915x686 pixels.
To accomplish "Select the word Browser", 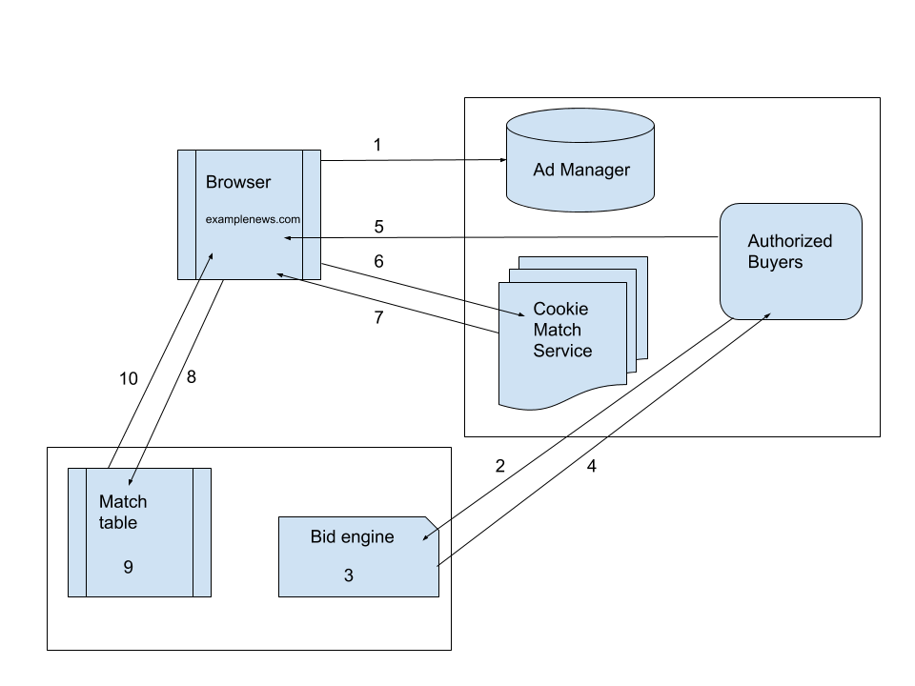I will [x=238, y=182].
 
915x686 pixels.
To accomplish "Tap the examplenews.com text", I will [x=253, y=219].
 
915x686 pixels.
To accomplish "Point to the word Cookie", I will [x=560, y=309].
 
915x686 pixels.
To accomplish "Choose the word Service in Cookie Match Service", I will [x=562, y=351].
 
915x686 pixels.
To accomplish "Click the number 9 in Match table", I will [x=128, y=567].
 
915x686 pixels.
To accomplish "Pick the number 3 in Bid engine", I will [x=348, y=575].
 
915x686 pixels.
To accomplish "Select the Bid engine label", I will [x=352, y=536].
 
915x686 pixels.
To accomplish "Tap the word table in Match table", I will [x=118, y=522].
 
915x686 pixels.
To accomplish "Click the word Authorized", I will [x=789, y=241].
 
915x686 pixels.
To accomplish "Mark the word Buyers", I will [x=775, y=262].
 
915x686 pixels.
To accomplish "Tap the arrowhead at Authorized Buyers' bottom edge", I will [x=765, y=314].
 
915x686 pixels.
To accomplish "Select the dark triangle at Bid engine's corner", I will [x=439, y=523].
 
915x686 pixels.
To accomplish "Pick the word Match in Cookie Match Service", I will [x=557, y=330].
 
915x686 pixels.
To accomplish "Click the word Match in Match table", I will [x=123, y=501].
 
